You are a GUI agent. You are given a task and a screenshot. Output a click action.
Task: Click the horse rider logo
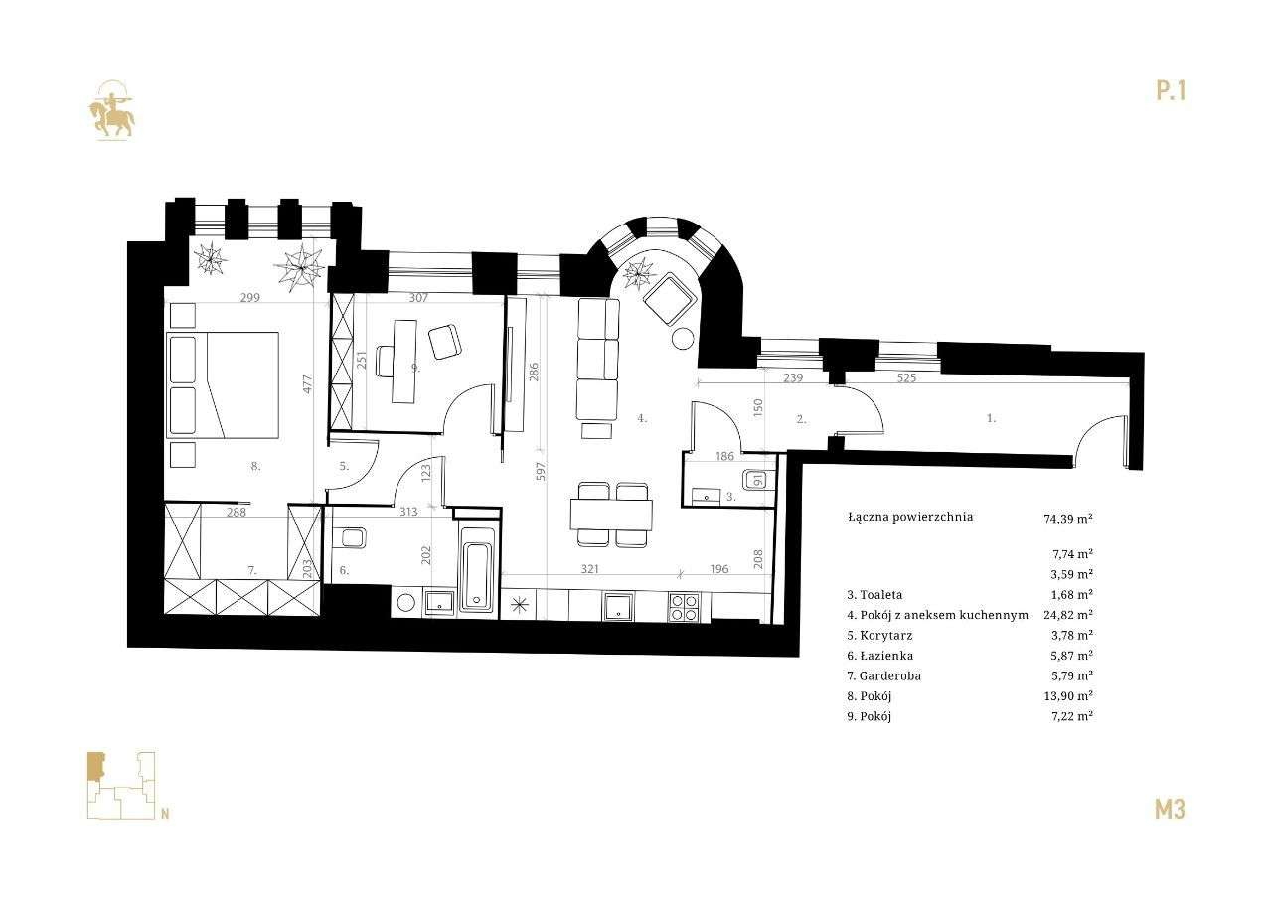pos(111,111)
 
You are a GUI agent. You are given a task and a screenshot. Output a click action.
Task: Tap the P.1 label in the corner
pos(1171,91)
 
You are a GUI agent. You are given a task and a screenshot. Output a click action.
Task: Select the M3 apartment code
pos(1170,809)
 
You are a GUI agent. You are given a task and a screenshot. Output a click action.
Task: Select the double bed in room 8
pos(225,384)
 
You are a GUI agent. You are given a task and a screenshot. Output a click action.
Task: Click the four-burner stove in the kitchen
pos(683,606)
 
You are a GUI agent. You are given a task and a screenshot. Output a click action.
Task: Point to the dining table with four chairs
pos(611,514)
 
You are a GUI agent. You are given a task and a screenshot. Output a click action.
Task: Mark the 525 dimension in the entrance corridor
pos(906,378)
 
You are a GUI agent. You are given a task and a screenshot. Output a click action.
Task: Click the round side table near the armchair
pos(684,339)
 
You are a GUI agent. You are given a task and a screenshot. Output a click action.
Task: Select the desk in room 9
pos(404,360)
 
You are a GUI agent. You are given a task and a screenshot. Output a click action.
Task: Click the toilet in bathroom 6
pos(352,538)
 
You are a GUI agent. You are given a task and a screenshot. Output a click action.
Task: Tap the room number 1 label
pos(991,419)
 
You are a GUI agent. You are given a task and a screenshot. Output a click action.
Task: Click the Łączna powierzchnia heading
pos(910,517)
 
